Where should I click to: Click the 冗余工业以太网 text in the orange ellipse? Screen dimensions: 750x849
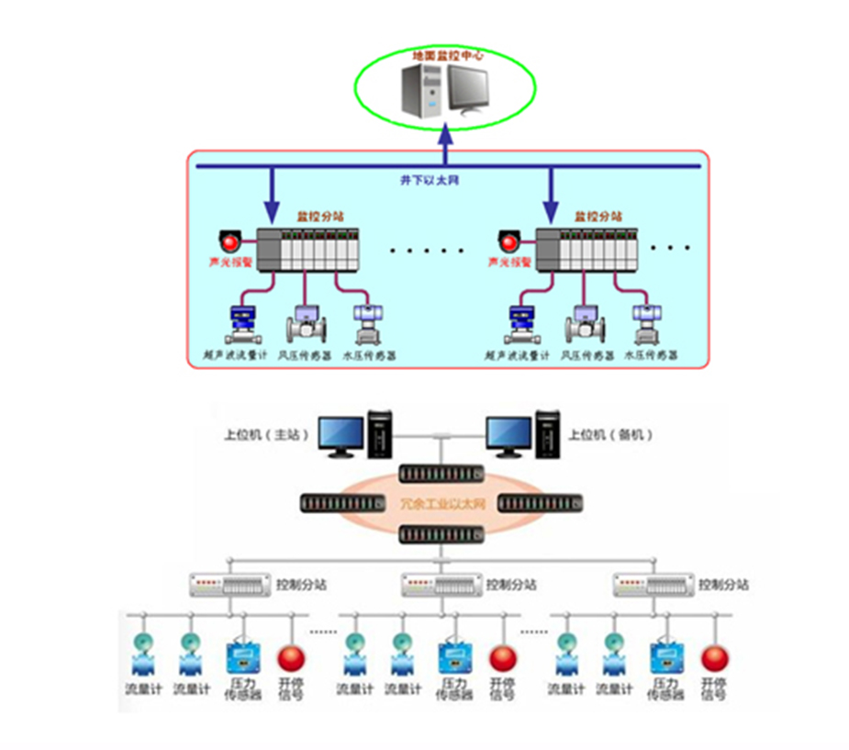441,504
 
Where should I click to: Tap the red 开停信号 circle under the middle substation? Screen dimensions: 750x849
502,658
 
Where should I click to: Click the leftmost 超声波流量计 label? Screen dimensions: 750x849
234,355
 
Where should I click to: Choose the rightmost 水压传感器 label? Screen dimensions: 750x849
651,355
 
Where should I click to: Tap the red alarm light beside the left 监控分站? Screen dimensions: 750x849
229,243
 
